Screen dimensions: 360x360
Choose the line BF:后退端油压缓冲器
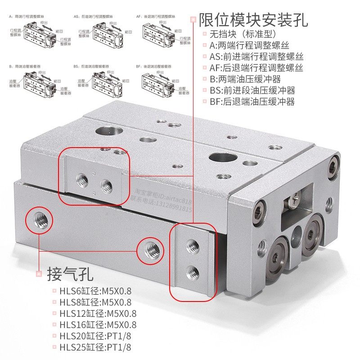pyautogui.click(x=252, y=102)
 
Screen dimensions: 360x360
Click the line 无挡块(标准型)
pyautogui.click(x=243, y=34)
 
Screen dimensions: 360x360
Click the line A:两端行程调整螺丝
pyautogui.click(x=249, y=45)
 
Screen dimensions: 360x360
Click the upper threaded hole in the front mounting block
pyautogui.click(x=193, y=245)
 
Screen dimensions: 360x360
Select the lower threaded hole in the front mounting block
pyautogui.click(x=193, y=271)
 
